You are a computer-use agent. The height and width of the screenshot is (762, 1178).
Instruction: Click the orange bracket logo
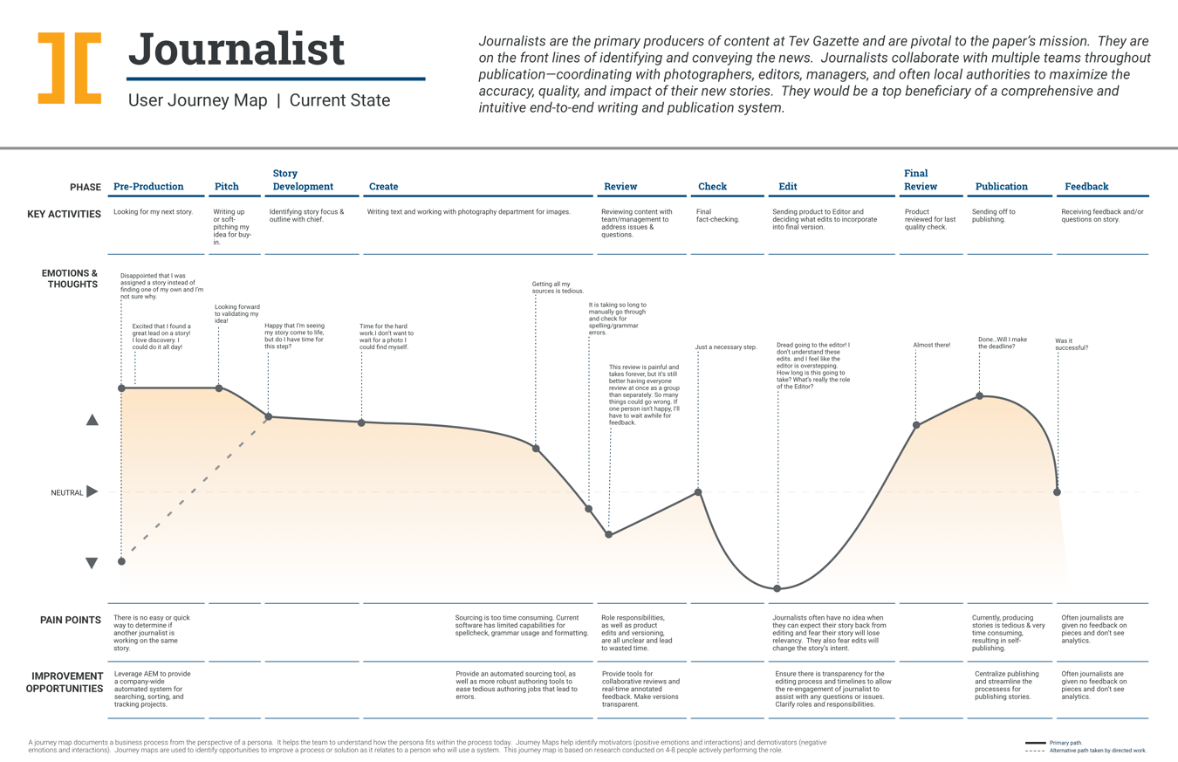[69, 68]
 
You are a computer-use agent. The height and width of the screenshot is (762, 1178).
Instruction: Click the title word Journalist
[236, 50]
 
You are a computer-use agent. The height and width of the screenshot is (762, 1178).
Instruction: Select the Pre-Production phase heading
[148, 187]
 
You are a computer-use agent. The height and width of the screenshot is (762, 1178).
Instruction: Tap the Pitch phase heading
[227, 187]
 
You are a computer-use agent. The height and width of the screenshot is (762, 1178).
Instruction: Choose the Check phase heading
[712, 187]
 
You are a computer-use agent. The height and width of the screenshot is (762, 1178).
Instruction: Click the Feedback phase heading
[1086, 187]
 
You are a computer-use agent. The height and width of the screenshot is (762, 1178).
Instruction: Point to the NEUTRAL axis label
[66, 493]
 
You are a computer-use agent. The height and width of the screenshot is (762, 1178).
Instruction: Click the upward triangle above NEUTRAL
[92, 420]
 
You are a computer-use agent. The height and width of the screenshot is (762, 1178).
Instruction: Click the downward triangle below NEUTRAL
[92, 564]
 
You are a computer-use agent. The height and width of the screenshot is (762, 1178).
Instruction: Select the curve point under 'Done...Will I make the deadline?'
[979, 396]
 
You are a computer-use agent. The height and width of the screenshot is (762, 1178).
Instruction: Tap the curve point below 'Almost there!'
[916, 425]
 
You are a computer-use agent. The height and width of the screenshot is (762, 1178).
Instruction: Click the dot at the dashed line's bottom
[121, 561]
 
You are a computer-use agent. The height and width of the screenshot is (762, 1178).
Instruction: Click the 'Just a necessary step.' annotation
[725, 348]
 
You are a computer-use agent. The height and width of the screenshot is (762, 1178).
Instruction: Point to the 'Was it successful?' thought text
[1072, 344]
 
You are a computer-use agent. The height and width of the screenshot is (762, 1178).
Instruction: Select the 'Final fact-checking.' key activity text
[717, 215]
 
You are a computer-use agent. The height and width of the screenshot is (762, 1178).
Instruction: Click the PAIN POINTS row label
[71, 621]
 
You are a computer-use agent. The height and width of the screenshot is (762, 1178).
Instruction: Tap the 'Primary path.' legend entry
[1065, 743]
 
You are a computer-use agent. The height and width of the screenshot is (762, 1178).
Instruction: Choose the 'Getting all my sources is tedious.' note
[558, 287]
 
